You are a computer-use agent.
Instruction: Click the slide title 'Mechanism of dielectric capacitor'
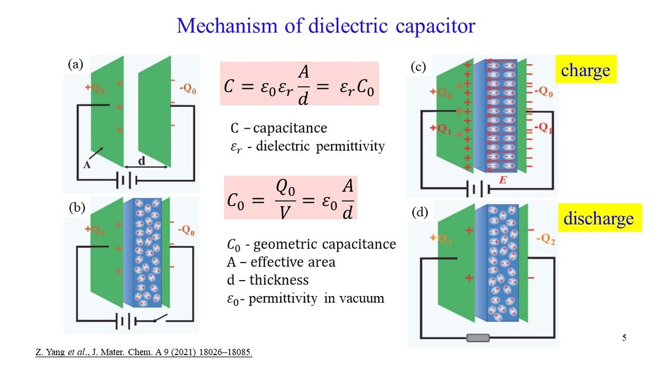click(326, 26)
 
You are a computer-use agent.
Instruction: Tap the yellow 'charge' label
click(586, 70)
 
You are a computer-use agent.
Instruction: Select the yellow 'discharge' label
click(599, 218)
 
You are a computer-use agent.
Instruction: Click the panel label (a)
click(76, 64)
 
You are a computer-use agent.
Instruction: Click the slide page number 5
click(624, 337)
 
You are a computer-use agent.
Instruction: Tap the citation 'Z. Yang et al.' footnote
click(144, 352)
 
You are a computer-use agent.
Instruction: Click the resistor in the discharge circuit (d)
click(478, 338)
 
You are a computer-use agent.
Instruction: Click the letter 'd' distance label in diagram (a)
click(141, 162)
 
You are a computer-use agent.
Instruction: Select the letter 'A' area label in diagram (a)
click(87, 163)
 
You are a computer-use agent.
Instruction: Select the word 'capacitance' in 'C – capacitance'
click(290, 128)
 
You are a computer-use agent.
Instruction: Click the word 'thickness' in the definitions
click(279, 280)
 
